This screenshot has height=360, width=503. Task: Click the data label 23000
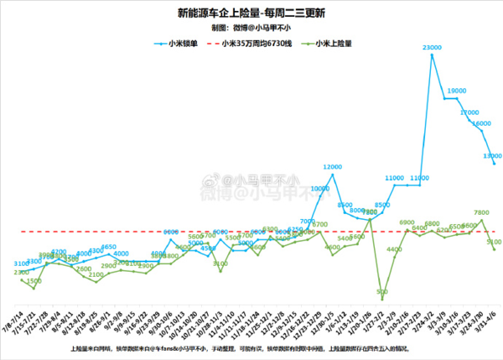tap(433, 49)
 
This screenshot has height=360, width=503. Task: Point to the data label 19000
tap(457, 91)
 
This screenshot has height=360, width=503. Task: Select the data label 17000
tap(469, 112)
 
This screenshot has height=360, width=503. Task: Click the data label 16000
tap(480, 123)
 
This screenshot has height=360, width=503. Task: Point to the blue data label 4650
tap(108, 248)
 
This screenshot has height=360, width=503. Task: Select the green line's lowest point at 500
tap(382, 299)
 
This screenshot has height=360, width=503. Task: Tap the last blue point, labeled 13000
tap(494, 164)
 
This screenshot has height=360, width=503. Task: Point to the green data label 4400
tap(394, 250)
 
